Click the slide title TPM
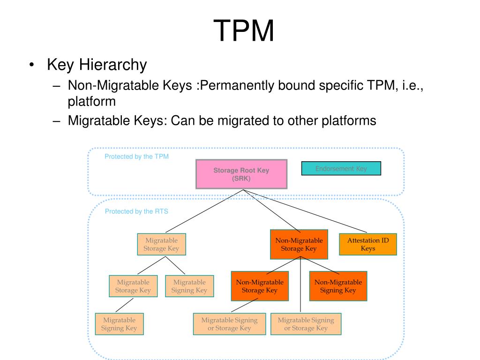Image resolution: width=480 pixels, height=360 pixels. tap(244, 31)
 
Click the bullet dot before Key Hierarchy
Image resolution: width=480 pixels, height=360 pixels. tap(31, 65)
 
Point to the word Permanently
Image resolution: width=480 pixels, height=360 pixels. tap(238, 86)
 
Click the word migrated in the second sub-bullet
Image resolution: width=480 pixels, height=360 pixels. tap(244, 120)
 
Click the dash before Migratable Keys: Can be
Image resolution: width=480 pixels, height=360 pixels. tap(57, 121)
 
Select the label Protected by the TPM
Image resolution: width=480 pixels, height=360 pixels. tap(136, 157)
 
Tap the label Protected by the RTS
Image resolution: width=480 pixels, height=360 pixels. tap(136, 211)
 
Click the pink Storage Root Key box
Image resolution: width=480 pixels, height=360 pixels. tap(241, 174)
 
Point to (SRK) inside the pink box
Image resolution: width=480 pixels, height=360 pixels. tap(241, 179)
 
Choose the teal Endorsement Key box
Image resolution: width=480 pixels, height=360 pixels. tap(341, 168)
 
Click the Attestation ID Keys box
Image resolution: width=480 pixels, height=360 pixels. tap(367, 244)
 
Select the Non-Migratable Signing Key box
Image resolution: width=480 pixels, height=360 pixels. tap(338, 286)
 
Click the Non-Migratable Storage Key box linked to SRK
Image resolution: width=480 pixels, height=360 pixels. tap(299, 244)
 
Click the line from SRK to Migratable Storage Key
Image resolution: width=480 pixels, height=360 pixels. tap(202, 211)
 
